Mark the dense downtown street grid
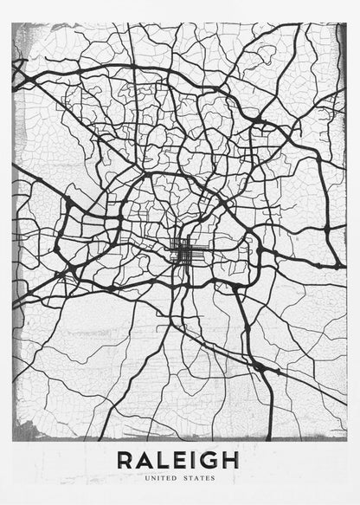click(x=183, y=253)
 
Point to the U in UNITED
click(x=147, y=477)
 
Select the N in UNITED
click(x=153, y=477)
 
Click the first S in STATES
click(x=186, y=477)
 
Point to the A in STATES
click(x=196, y=477)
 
